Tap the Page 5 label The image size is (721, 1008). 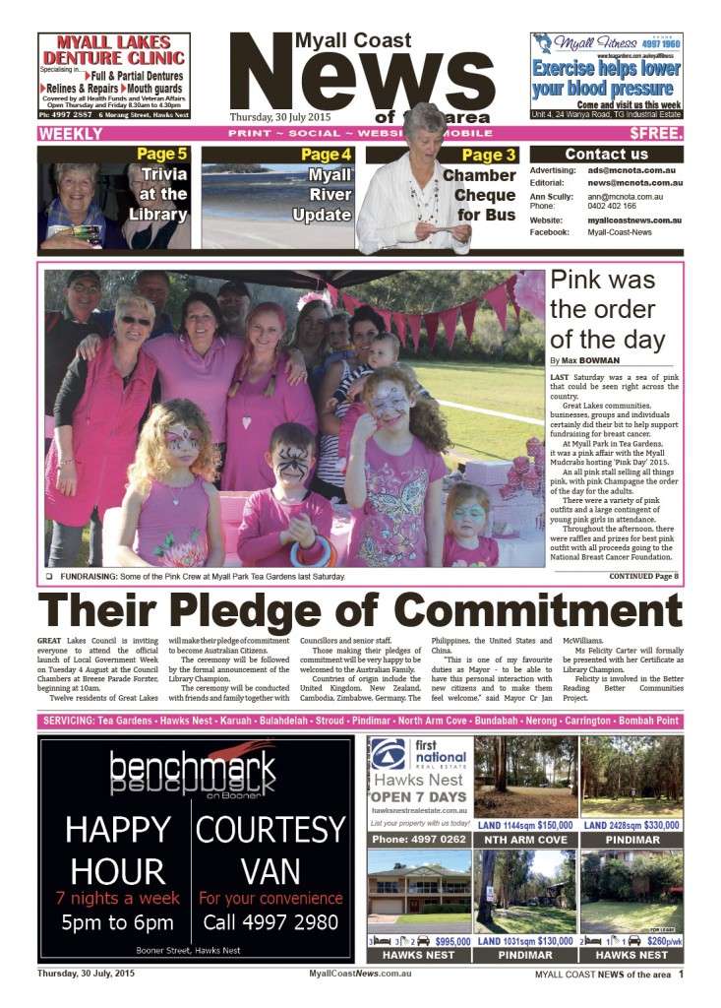161,155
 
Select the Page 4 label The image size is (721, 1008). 326,155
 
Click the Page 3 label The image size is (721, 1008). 489,155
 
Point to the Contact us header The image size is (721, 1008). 606,155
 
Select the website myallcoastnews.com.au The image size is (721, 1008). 635,220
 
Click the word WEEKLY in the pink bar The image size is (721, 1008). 71,133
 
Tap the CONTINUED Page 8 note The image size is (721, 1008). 643,576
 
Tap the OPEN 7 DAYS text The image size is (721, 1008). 418,795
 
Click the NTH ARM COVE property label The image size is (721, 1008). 525,840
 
